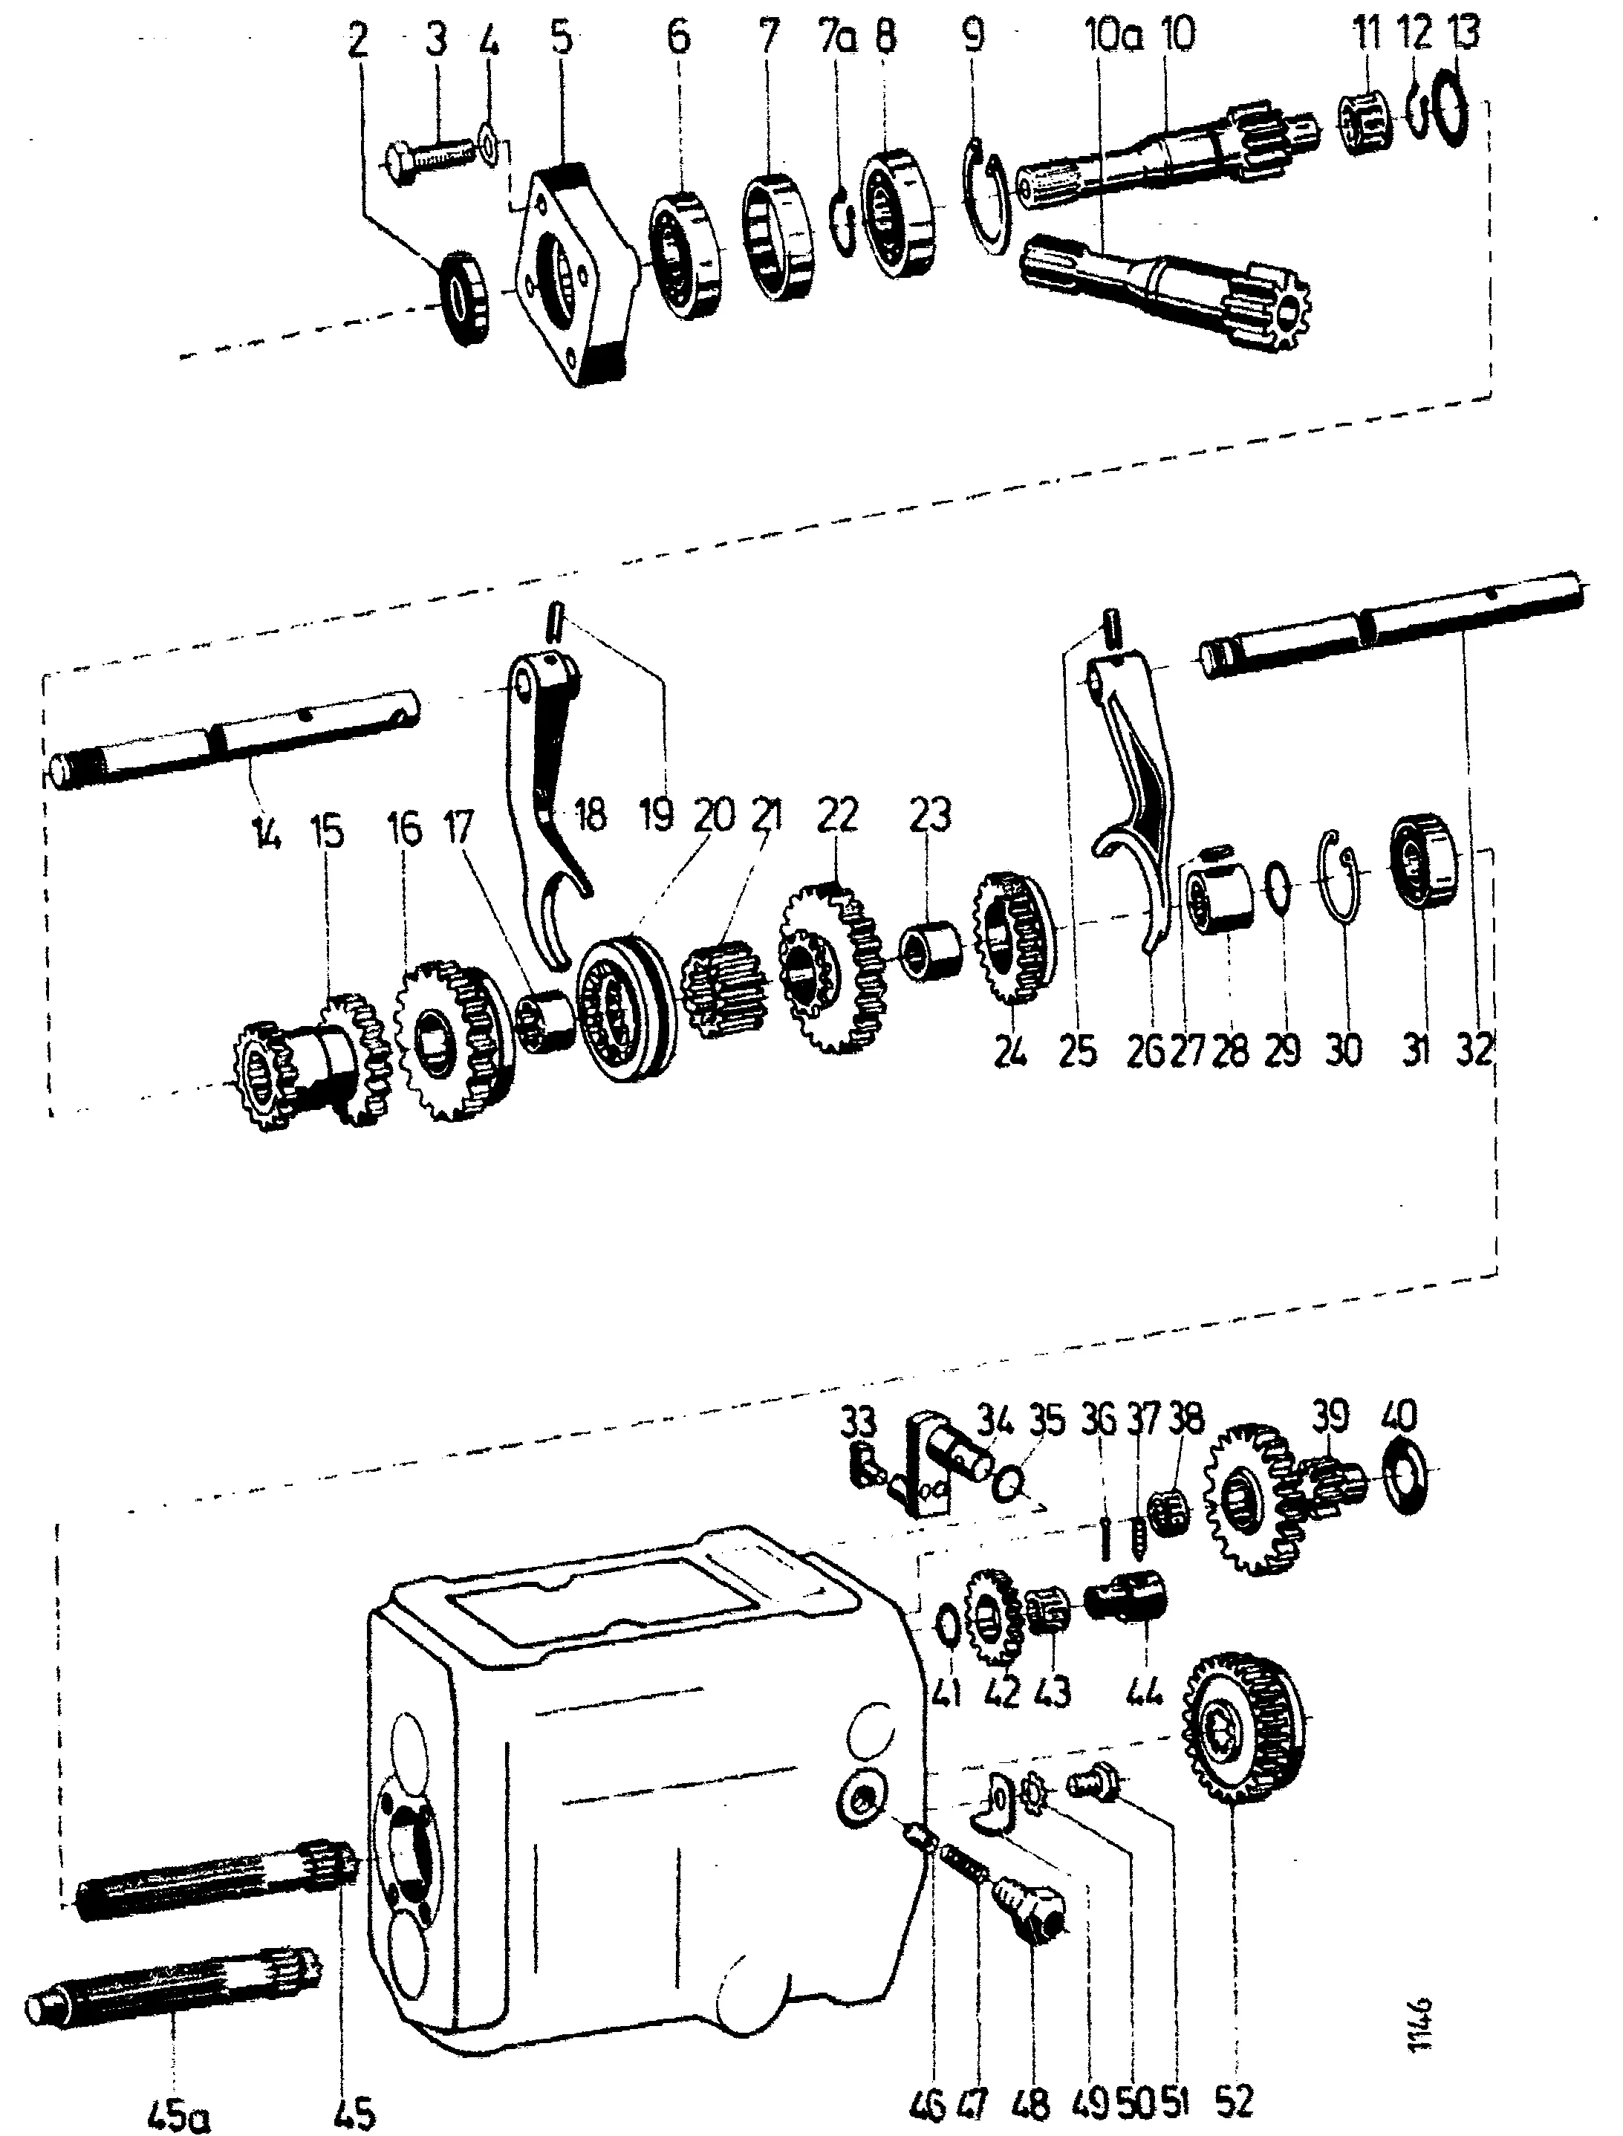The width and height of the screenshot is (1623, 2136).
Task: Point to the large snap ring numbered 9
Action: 989,198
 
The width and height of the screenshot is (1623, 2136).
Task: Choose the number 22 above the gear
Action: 836,817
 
